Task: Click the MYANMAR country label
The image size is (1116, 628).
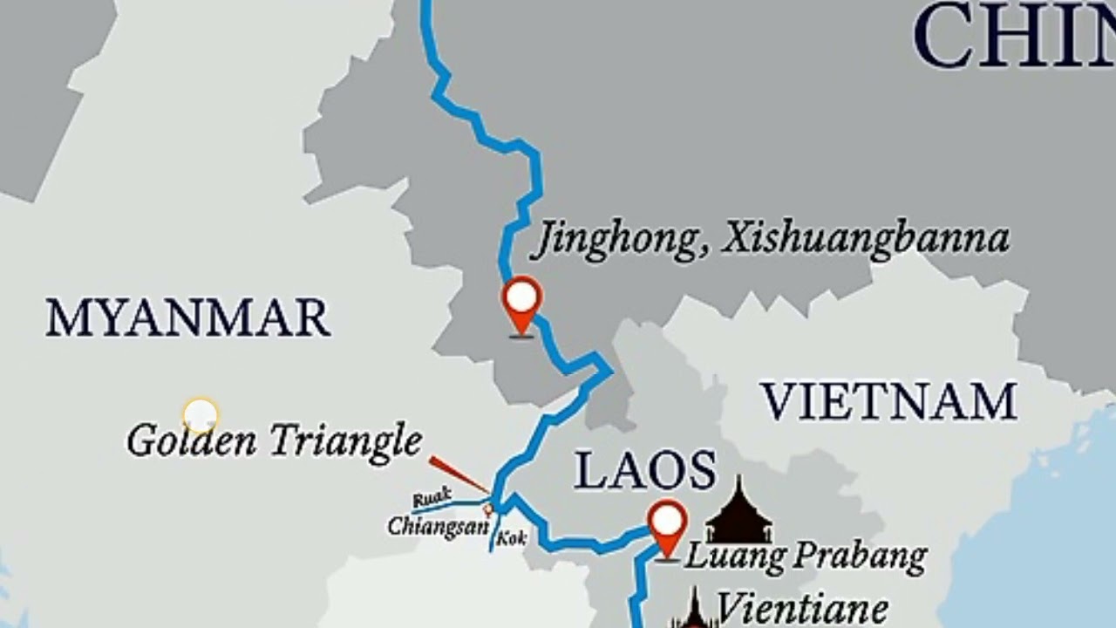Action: click(x=187, y=317)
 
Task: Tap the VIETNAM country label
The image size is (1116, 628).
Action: click(x=888, y=402)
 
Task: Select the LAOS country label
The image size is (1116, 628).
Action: click(x=645, y=472)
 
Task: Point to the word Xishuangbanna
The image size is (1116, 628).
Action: click(x=865, y=239)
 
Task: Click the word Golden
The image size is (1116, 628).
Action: click(x=192, y=440)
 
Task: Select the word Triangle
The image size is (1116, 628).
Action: click(x=346, y=441)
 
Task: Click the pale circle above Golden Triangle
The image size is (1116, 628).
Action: click(x=201, y=415)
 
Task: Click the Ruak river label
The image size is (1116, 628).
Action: click(x=432, y=498)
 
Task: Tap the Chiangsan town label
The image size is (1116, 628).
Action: click(x=436, y=526)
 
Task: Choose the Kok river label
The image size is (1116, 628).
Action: click(x=512, y=539)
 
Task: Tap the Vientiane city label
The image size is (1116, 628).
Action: click(x=801, y=608)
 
